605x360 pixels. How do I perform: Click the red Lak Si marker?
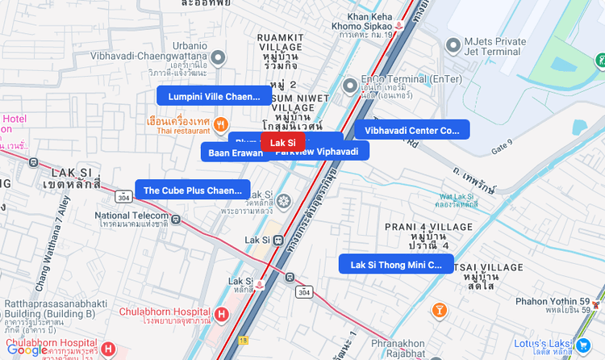pyautogui.click(x=282, y=143)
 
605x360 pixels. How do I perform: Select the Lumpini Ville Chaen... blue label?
pyautogui.click(x=214, y=96)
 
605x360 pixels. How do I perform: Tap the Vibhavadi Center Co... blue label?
pyautogui.click(x=411, y=130)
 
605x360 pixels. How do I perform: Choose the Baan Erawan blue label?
pyautogui.click(x=235, y=152)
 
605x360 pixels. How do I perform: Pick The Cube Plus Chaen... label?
pyautogui.click(x=192, y=190)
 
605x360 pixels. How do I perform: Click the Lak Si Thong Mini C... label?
pyautogui.click(x=396, y=264)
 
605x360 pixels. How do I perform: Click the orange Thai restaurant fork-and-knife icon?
pyautogui.click(x=220, y=124)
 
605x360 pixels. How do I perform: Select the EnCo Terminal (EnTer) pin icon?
pyautogui.click(x=349, y=85)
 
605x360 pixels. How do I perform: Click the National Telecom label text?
pyautogui.click(x=131, y=216)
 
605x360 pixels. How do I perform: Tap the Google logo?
pyautogui.click(x=27, y=350)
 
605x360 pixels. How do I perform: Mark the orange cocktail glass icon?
pyautogui.click(x=440, y=310)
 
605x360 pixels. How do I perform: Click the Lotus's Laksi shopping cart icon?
pyautogui.click(x=582, y=345)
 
